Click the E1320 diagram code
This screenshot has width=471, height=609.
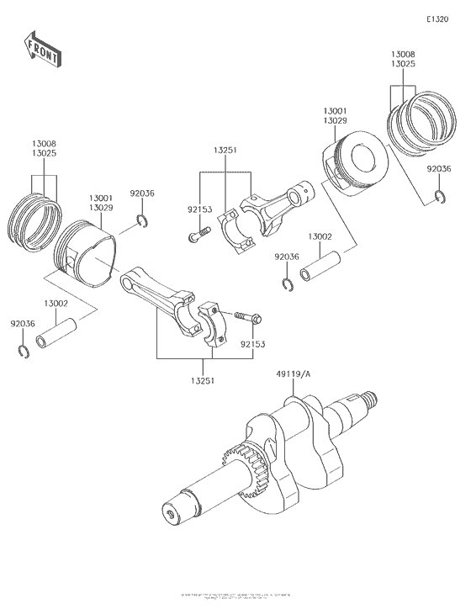coord(437,19)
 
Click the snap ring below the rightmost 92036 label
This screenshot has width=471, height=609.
coord(439,198)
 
